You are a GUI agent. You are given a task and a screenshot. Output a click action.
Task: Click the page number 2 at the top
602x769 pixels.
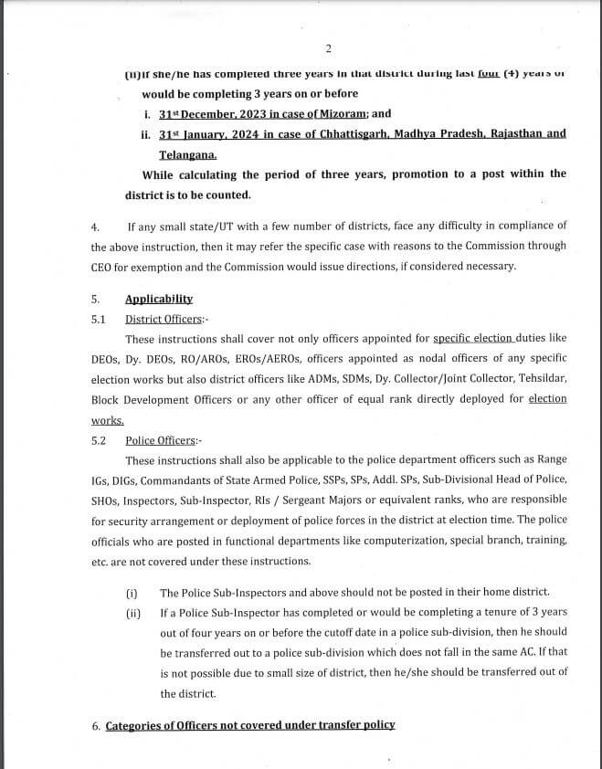coord(327,48)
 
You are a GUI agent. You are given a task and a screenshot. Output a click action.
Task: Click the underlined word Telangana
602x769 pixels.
coord(187,154)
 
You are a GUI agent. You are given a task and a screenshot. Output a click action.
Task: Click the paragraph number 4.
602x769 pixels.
coord(94,226)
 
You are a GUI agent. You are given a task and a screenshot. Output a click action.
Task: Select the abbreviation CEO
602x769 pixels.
coord(102,267)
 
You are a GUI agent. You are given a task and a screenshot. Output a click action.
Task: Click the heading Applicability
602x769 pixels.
coord(159,299)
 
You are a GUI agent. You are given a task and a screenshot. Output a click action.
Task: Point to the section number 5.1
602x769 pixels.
coord(99,319)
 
